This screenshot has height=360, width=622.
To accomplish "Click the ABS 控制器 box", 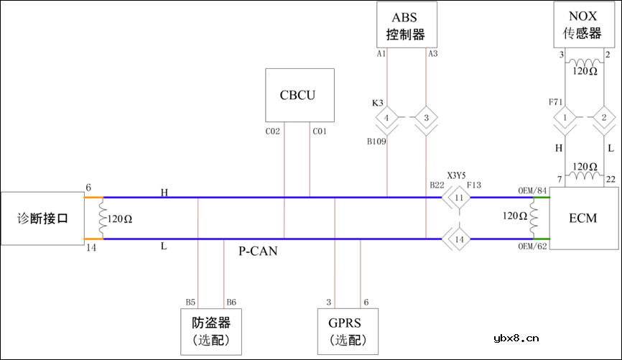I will click(x=407, y=25).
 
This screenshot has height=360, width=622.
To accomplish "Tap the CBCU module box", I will click(x=300, y=95).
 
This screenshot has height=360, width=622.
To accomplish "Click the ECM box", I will click(x=582, y=218).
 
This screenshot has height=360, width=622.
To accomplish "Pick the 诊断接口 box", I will click(x=42, y=218).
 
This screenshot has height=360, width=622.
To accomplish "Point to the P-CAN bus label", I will click(x=258, y=251).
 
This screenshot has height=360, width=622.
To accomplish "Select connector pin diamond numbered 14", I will click(x=459, y=238).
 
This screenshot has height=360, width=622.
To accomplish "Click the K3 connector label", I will click(x=377, y=103).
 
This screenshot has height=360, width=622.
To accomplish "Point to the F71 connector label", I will click(x=555, y=103).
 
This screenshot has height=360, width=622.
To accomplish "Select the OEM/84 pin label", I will click(x=532, y=190).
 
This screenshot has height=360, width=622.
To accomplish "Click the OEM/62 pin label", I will click(x=532, y=247).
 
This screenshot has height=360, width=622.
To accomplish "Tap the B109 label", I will click(x=377, y=142).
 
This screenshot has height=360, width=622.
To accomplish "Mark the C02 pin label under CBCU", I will click(x=272, y=131).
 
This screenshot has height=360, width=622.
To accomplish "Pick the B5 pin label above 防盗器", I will click(x=190, y=302).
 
